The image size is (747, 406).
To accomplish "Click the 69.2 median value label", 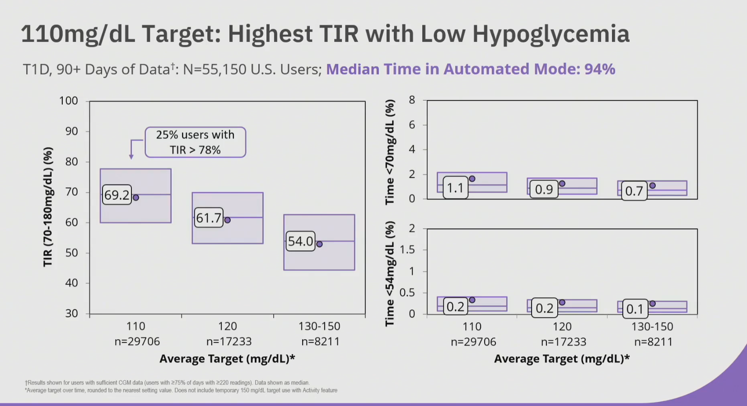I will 117,195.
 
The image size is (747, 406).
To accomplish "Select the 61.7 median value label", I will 209,218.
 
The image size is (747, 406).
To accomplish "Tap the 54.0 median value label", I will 300,241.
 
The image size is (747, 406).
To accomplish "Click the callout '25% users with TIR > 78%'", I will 195,142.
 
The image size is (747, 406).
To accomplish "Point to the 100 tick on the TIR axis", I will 69,101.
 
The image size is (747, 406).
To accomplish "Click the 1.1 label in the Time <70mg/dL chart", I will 455,188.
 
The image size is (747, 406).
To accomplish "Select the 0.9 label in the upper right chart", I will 544,189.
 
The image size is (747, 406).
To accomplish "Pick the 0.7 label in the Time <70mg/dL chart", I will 634,191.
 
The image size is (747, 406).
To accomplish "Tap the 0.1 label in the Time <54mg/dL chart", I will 635,309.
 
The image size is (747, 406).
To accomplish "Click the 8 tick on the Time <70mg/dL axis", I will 412,100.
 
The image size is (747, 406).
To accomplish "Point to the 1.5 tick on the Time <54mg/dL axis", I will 407,250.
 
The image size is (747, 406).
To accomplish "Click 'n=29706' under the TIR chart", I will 137,341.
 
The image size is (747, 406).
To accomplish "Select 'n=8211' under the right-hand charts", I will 654,342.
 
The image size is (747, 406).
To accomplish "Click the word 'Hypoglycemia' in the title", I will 551,34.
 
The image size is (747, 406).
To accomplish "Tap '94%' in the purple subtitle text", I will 600,69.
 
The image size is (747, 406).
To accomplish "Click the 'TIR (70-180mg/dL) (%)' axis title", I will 48,207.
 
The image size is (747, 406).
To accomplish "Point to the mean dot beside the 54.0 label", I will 319,244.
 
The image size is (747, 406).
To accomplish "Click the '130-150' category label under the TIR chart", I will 319,326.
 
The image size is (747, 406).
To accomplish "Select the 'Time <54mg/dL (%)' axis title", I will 390,273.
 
